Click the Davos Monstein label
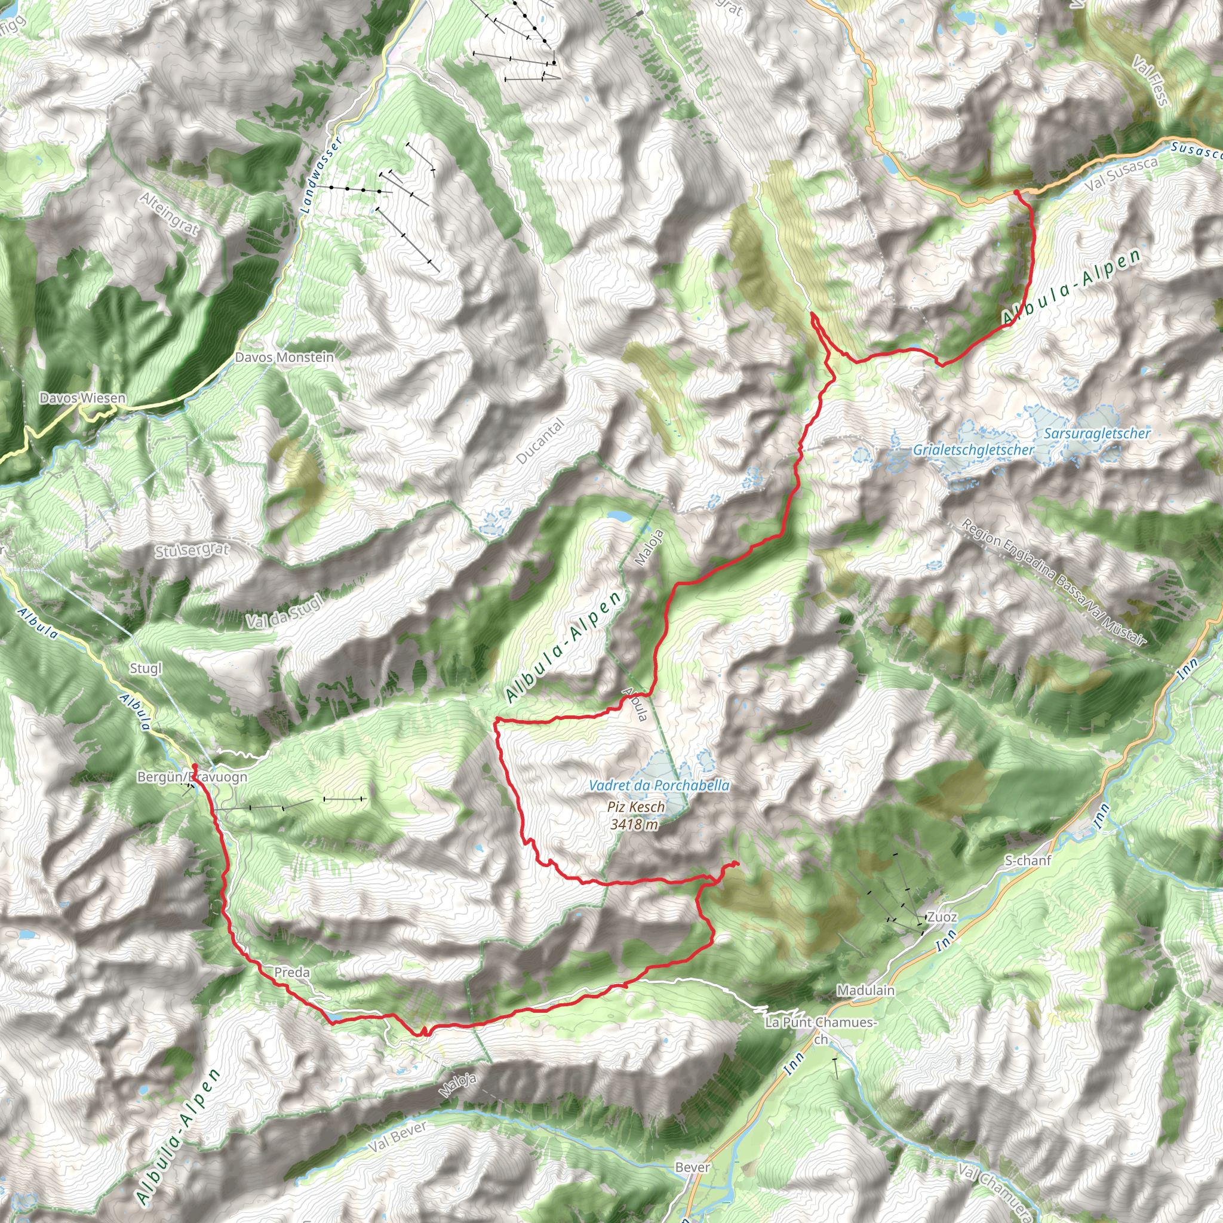(x=284, y=357)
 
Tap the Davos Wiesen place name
(x=82, y=398)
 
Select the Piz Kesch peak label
(x=635, y=807)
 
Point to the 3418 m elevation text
(x=634, y=824)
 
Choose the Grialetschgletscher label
(x=973, y=450)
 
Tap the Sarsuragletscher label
(x=1097, y=434)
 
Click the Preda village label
(x=292, y=972)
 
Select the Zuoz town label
(x=942, y=917)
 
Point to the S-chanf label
(x=1028, y=861)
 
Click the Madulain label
(x=865, y=990)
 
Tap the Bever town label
(x=693, y=1167)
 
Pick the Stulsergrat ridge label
(x=192, y=550)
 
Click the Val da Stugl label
(x=284, y=611)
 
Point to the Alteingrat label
(x=169, y=214)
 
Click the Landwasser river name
(x=322, y=174)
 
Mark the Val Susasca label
(x=1121, y=174)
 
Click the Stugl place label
(x=146, y=668)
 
